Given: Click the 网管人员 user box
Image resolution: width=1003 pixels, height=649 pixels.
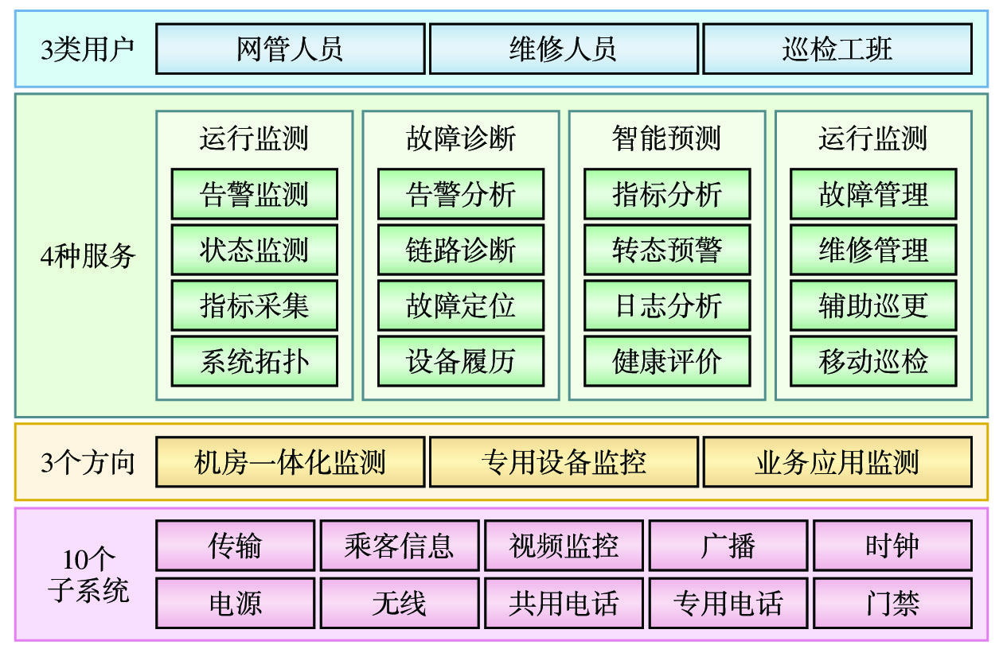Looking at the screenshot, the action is click(x=290, y=49).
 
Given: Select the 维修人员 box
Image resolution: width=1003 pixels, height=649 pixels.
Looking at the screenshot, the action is click(x=564, y=49).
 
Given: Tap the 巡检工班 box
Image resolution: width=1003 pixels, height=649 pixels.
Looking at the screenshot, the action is click(x=837, y=49).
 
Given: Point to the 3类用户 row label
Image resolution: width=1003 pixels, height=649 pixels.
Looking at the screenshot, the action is click(x=88, y=49).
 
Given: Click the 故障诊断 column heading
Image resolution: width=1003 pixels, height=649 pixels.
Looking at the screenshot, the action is click(x=461, y=138).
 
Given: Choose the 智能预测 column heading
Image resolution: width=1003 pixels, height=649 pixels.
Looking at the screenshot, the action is click(x=667, y=138).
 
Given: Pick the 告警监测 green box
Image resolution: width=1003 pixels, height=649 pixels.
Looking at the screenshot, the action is click(x=255, y=194).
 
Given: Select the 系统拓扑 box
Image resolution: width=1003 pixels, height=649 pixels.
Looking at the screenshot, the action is click(x=255, y=361).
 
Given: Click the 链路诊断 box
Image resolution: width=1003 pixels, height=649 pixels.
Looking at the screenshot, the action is click(x=461, y=250).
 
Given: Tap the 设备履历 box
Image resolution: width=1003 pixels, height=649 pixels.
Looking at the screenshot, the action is click(x=461, y=361).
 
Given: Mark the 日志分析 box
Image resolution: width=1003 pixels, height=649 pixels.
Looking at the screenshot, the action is click(x=667, y=305).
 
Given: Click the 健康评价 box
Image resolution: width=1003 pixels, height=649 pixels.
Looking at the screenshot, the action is click(x=667, y=361).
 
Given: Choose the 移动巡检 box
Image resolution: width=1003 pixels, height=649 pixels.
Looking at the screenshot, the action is click(x=873, y=361).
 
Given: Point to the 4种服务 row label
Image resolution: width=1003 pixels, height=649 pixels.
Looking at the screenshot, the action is click(x=88, y=256).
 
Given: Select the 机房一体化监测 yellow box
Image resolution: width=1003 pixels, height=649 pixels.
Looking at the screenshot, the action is click(x=290, y=461).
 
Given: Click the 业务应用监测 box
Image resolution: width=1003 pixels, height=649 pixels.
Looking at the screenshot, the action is click(x=837, y=461).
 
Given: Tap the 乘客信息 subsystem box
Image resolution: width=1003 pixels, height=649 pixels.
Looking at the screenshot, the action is click(x=400, y=546).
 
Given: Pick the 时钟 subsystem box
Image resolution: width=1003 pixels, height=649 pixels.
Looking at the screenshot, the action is click(x=893, y=546).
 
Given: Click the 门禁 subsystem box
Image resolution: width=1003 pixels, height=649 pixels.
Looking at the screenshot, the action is click(x=893, y=603).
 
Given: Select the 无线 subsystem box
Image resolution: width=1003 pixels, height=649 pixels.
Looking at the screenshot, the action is click(x=400, y=603).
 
